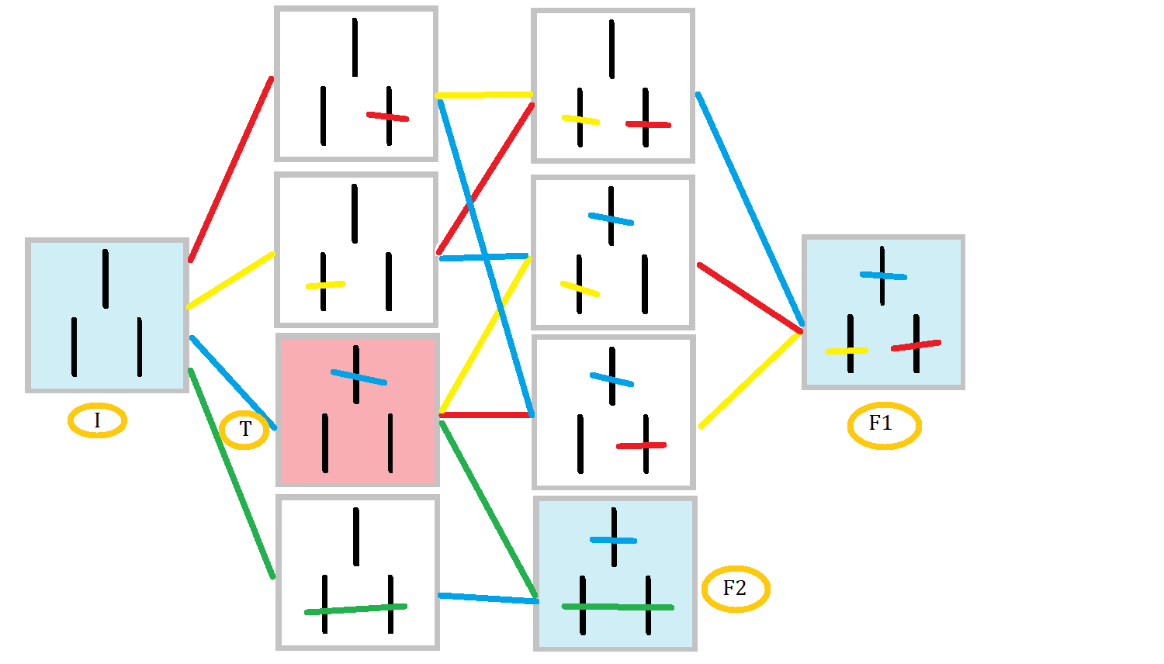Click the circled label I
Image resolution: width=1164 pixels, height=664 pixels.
pos(97,420)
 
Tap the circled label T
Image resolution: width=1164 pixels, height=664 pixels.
pos(244,429)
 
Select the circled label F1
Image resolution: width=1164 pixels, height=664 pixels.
pos(884,424)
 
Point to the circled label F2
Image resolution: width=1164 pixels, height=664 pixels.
pos(735,589)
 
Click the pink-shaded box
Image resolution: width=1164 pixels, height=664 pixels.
pos(358,434)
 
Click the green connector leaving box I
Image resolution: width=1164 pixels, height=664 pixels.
pos(231,473)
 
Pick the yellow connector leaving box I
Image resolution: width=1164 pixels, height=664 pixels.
pos(230,280)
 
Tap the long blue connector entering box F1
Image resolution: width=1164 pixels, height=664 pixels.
pos(750,208)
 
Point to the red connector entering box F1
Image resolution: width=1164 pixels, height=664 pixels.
pos(750,299)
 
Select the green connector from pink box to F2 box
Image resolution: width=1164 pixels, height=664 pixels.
pos(488,509)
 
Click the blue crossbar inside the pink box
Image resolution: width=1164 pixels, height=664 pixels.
pos(359,377)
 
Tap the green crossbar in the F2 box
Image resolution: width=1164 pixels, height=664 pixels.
pos(618,607)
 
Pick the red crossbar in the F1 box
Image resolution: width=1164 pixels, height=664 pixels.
pos(916,345)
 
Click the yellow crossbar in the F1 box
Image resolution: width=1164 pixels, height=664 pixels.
pos(847,351)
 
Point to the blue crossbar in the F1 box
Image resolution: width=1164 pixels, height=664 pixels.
pos(883,275)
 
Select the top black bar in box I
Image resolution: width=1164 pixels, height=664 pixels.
pos(106,278)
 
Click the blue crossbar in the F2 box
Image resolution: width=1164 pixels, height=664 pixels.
pos(613,540)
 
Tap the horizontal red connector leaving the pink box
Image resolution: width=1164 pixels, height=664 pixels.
pos(486,415)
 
